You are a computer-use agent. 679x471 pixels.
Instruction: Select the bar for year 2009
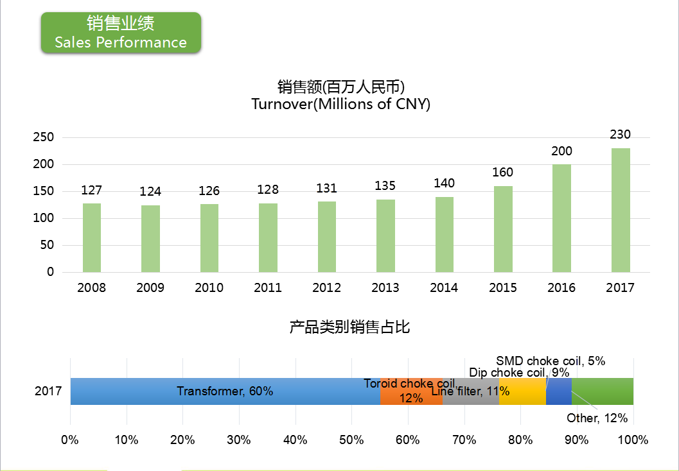pos(150,239)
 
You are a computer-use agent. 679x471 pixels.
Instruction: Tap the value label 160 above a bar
pos(503,172)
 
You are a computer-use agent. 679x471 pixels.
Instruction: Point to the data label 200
pos(561,151)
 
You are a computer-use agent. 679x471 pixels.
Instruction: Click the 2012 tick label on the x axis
pos(326,287)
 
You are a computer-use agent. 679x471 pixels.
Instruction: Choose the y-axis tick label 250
pos(43,137)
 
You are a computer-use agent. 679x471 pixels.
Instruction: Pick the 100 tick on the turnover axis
pos(43,218)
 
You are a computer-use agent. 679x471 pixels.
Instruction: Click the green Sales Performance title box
pos(121,33)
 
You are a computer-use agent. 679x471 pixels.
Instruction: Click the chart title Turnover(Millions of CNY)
pos(341,104)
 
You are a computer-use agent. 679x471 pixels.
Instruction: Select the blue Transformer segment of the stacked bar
pos(225,391)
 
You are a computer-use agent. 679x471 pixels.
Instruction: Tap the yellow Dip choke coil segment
pos(522,391)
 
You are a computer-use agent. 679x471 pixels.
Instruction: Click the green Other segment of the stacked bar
pos(603,391)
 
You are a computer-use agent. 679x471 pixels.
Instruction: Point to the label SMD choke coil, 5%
pos(551,361)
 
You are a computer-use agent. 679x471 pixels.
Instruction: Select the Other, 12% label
pos(597,418)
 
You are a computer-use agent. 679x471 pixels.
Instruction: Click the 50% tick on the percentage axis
pos(351,440)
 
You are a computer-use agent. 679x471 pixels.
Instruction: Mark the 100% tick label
pos(633,440)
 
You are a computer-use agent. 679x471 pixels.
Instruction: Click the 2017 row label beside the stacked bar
pos(48,391)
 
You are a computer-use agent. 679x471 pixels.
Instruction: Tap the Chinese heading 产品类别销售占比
pos(349,327)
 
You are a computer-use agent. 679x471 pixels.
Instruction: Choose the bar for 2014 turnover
pos(444,234)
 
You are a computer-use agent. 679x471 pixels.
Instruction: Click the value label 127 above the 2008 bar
pos(92,190)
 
